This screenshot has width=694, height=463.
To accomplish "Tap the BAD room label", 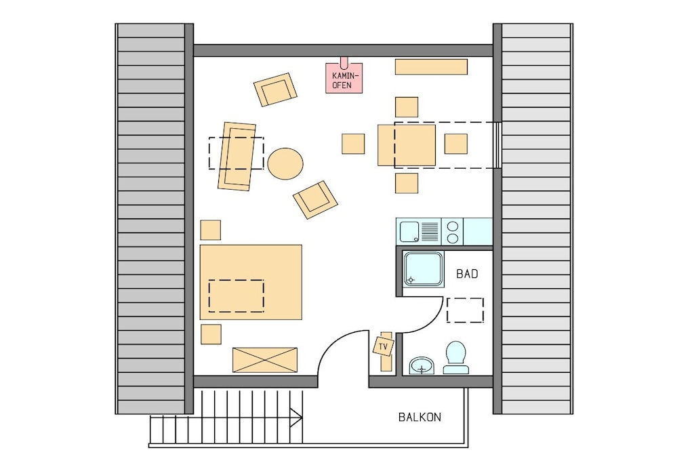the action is pyautogui.click(x=467, y=274).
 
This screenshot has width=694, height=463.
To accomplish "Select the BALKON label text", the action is pyautogui.click(x=420, y=417).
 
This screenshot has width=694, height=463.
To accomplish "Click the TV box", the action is pyautogui.click(x=384, y=346).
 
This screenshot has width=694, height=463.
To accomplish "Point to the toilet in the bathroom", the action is pyautogui.click(x=456, y=357).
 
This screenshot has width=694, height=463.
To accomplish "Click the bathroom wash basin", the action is pyautogui.click(x=422, y=365).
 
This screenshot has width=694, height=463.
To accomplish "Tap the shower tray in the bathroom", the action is pyautogui.click(x=424, y=269).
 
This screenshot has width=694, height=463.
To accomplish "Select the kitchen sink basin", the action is pyautogui.click(x=409, y=232).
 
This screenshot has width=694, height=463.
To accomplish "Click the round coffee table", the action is pyautogui.click(x=285, y=164).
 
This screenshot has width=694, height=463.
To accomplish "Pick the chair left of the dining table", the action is pyautogui.click(x=353, y=144).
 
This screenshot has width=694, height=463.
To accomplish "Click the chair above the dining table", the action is pyautogui.click(x=407, y=107).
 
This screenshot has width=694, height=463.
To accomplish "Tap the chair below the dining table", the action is pyautogui.click(x=407, y=183).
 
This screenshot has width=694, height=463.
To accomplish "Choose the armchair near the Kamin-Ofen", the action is pyautogui.click(x=275, y=89).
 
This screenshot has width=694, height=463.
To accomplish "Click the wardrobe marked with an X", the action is pyautogui.click(x=265, y=360).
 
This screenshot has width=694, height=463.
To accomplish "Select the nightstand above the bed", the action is pyautogui.click(x=211, y=230).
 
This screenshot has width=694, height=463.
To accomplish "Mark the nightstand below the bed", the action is pyautogui.click(x=211, y=334).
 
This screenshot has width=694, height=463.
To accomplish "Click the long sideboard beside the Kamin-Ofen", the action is pyautogui.click(x=431, y=67).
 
